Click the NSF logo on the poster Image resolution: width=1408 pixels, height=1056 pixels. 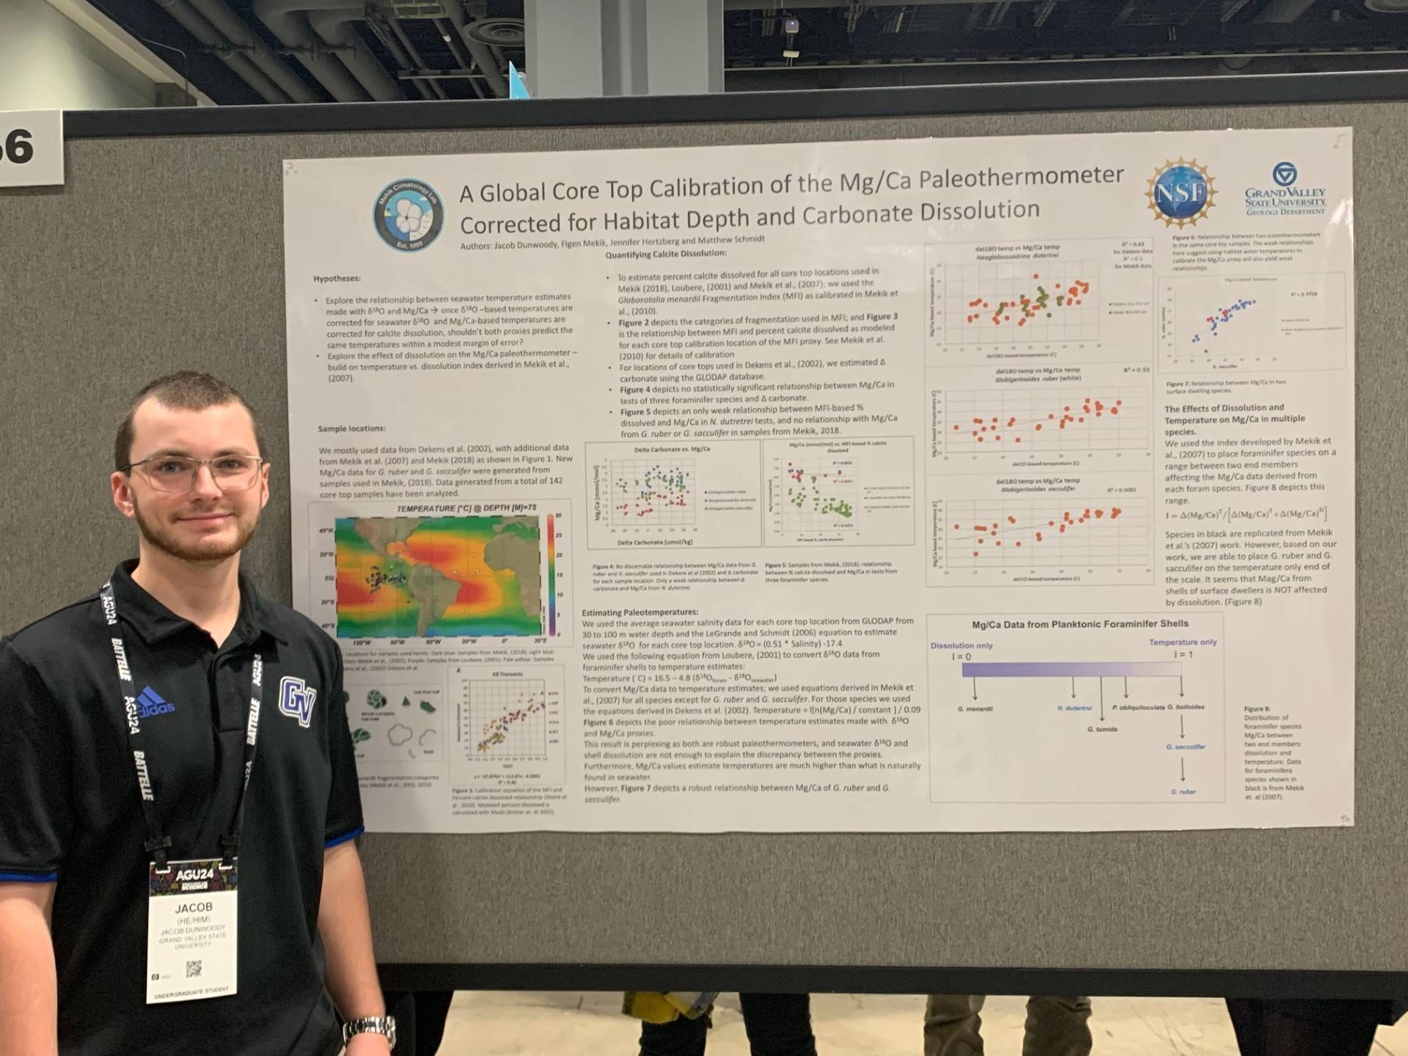point(1180,192)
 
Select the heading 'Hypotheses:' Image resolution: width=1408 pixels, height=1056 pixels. point(337,279)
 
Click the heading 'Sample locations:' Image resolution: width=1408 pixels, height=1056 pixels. point(351,428)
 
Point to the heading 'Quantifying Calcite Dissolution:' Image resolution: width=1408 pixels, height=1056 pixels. point(665,254)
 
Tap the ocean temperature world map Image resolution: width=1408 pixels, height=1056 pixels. point(437,576)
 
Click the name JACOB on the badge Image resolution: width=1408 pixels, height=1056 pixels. point(193,908)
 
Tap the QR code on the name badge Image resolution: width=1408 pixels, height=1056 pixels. point(194,969)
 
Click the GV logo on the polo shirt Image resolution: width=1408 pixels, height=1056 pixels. point(297,700)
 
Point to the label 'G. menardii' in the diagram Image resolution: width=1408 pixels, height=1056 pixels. point(975,708)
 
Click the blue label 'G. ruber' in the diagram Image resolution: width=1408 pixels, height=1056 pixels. point(1183,792)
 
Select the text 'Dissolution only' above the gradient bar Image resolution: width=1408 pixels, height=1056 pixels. point(961,645)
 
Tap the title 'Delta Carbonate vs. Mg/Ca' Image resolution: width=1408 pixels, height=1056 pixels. point(672,449)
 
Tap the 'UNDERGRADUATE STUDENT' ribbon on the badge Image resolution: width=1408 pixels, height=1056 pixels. point(191,993)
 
